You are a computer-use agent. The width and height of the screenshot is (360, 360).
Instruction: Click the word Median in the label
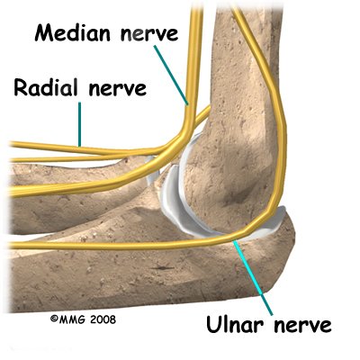point(73,33)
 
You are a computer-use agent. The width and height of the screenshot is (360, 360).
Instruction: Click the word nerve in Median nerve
point(149,34)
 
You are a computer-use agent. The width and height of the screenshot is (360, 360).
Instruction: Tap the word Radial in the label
point(46,87)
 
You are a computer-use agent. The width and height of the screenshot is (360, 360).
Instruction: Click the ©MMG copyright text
point(68,319)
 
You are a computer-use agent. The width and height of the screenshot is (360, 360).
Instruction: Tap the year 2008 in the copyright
point(103,319)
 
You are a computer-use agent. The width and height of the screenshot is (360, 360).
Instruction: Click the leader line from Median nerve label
point(171,76)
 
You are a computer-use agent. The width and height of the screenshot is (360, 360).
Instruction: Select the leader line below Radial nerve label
point(80,124)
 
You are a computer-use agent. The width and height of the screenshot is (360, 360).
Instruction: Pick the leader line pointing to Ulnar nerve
point(254,277)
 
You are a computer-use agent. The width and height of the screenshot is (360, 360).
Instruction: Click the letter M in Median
point(44,33)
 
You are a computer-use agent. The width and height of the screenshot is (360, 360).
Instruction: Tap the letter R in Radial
point(21,87)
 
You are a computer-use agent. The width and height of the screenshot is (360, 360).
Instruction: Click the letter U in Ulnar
point(213,324)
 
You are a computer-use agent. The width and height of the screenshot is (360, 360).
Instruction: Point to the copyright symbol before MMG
point(54,319)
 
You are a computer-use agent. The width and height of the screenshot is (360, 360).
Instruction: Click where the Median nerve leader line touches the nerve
point(188,105)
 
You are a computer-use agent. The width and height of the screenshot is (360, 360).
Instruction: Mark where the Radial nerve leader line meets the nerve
point(80,146)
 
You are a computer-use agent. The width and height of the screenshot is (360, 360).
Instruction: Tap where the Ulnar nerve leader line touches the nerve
point(235,241)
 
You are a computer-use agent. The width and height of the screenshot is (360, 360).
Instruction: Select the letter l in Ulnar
point(225,324)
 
